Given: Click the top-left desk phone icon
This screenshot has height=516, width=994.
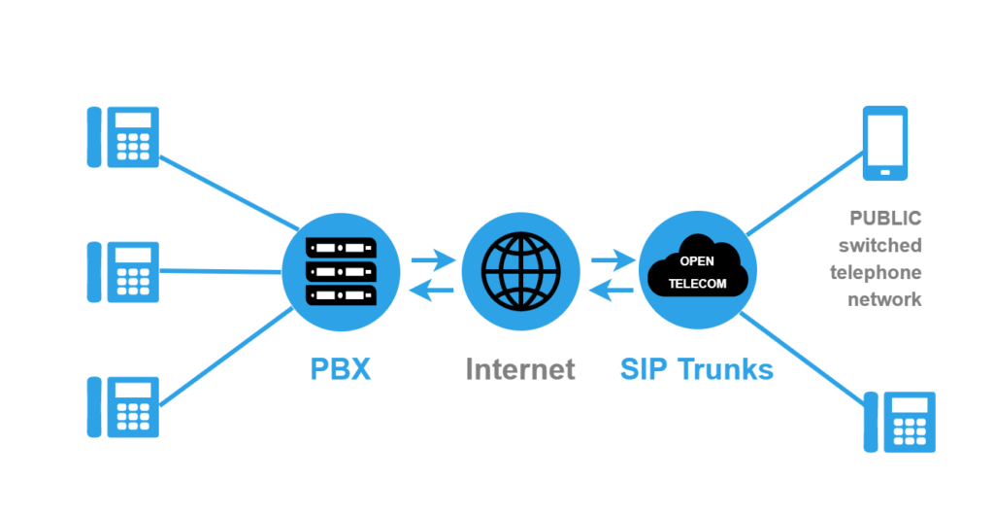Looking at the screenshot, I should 123,137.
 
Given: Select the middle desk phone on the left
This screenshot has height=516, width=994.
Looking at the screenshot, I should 123,270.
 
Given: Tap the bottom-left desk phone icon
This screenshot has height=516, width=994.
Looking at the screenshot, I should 123,404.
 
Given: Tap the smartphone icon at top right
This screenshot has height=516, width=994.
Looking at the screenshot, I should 885,143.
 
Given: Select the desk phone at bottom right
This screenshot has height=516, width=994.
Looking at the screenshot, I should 900,422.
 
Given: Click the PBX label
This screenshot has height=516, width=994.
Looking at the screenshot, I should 341,369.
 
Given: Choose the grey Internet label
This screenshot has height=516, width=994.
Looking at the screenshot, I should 520,369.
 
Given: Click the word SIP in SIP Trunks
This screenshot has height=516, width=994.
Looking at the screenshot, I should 645,369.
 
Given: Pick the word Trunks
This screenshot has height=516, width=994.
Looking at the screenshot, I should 725,369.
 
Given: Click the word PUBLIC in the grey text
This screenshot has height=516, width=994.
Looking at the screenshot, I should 884,218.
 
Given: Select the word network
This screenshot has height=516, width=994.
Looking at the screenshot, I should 884,299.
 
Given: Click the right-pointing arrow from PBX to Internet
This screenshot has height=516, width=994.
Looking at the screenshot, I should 432,259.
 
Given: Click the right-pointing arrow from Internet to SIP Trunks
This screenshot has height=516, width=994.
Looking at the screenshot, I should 612,259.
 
